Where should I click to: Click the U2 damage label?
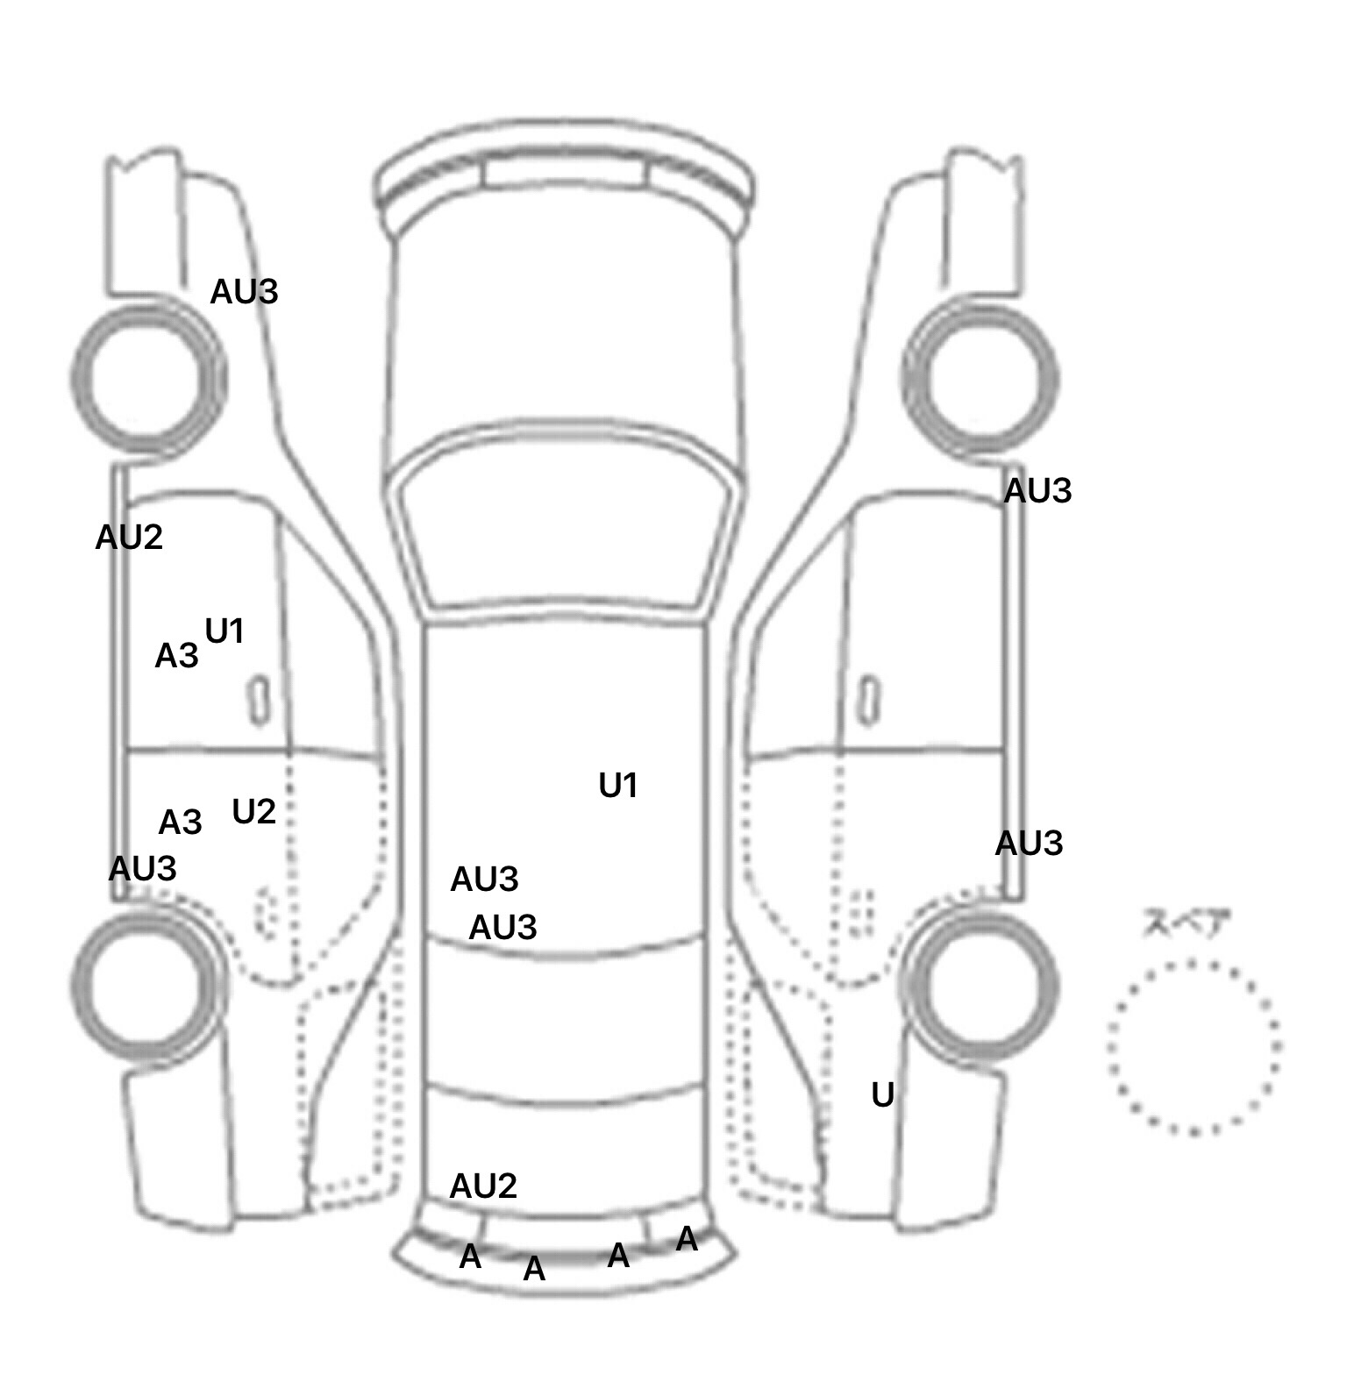(253, 812)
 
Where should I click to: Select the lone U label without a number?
(882, 1094)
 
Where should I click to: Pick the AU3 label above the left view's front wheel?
(244, 291)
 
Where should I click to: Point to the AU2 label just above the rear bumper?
(483, 1186)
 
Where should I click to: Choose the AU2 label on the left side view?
(129, 537)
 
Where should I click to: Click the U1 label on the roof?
(617, 786)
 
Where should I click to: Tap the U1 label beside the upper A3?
(224, 631)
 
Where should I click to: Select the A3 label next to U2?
(180, 823)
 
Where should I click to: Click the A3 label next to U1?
(176, 655)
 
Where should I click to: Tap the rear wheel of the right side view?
(982, 982)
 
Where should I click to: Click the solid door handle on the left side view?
(259, 700)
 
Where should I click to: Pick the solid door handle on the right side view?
(869, 700)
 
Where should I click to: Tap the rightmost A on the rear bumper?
(687, 1239)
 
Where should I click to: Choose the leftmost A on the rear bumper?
(470, 1257)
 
